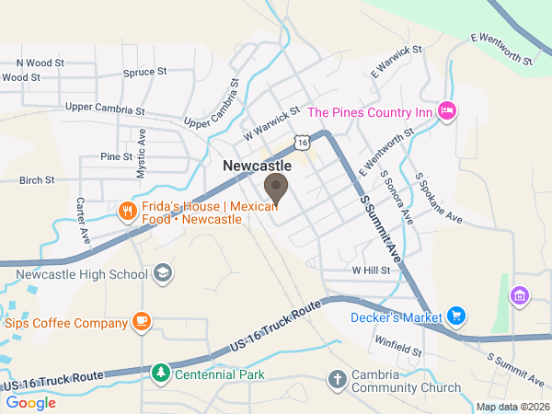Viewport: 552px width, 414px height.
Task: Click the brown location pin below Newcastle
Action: [276, 189]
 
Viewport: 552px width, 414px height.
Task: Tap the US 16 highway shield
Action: [301, 141]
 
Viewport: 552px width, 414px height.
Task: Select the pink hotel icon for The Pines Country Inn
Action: [448, 111]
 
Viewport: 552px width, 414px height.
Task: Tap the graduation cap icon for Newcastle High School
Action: [162, 273]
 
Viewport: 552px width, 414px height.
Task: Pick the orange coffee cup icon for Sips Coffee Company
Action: [141, 321]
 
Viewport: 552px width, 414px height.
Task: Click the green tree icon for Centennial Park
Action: [161, 374]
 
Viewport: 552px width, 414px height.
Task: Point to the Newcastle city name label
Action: [258, 166]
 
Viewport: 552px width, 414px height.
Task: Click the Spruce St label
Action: [144, 71]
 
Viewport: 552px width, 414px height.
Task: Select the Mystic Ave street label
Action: [142, 153]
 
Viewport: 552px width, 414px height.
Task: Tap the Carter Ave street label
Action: [83, 220]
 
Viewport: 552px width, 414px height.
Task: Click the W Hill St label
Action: [372, 271]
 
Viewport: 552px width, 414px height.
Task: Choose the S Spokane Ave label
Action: [438, 199]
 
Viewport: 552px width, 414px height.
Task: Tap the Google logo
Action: [31, 402]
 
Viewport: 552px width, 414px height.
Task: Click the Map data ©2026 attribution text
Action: [512, 407]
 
